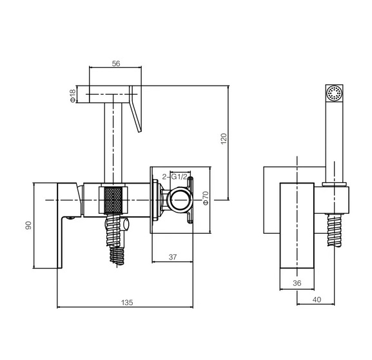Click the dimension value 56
coord(116,64)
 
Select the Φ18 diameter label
coord(73,96)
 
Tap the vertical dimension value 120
coord(224,138)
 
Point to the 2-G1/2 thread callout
coord(175,177)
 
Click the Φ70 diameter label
coord(206,198)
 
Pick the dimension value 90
coord(28,225)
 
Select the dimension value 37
coord(173,257)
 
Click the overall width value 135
coord(127,303)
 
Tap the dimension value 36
coord(297,283)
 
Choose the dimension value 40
coord(317,299)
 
